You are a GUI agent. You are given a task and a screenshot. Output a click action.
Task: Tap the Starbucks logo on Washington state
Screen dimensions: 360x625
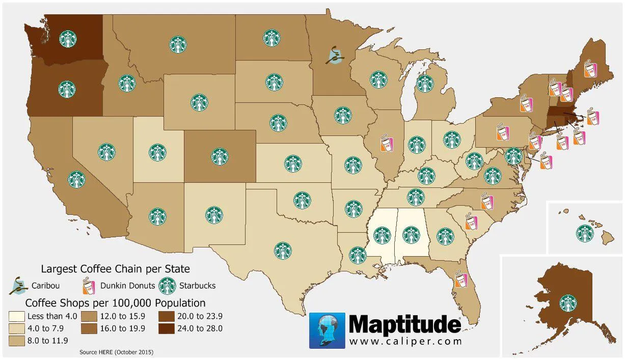[x=68, y=39]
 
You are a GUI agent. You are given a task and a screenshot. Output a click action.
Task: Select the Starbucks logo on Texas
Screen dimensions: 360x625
[x=283, y=250]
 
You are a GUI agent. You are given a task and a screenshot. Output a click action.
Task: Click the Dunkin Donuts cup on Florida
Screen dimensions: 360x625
[x=460, y=280]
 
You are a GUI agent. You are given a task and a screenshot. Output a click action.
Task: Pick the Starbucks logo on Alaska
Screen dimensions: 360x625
[x=568, y=303]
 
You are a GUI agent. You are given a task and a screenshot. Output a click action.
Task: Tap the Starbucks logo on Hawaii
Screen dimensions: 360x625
[x=584, y=233]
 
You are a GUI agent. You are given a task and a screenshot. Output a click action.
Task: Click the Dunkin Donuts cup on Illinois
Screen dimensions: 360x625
[x=387, y=143]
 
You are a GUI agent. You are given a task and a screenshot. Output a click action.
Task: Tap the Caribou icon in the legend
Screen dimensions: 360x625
[x=18, y=286]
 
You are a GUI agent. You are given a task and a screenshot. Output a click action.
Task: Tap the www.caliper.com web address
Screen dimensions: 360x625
[x=405, y=341]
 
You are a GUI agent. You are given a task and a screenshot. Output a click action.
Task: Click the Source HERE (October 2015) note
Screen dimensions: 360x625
[x=116, y=352]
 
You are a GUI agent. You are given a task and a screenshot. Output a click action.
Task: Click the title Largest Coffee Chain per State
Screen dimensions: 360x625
[x=115, y=268]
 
